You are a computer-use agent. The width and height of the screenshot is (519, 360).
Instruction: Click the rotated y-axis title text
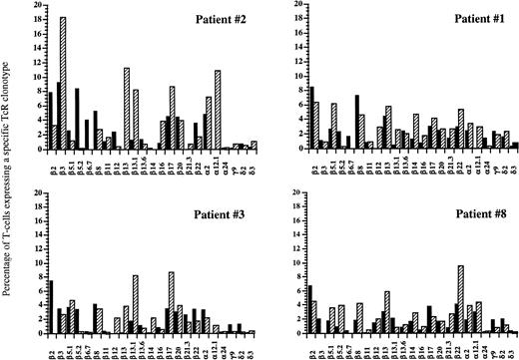[x=9, y=180]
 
